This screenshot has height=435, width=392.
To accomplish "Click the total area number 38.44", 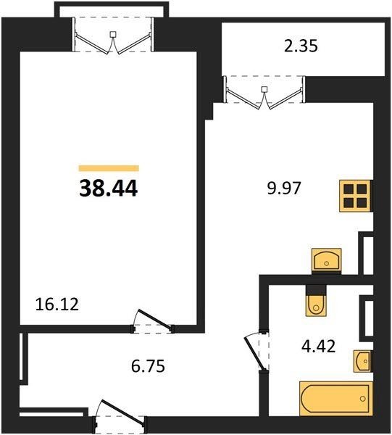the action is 109,188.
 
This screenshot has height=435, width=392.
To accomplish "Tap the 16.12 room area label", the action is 57,304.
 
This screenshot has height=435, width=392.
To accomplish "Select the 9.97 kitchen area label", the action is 284,188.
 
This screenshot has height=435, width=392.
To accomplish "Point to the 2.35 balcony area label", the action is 301,46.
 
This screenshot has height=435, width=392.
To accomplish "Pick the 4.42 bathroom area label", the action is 319,347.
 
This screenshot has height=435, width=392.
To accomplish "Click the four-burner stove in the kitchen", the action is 356,196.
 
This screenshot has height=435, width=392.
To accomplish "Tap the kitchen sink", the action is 327,259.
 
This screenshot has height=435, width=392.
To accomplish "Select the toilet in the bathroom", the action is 316,304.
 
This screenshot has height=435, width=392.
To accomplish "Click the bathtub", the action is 336,399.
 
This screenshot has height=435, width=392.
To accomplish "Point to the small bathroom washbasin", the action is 362,361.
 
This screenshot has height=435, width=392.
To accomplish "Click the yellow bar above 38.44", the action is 109,168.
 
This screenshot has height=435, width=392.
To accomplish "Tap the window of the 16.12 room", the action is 113,36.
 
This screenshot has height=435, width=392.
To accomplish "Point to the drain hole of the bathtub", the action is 362,399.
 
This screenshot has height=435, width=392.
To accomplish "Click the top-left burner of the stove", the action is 349,189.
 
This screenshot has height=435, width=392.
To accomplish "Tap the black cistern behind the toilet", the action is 316,289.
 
